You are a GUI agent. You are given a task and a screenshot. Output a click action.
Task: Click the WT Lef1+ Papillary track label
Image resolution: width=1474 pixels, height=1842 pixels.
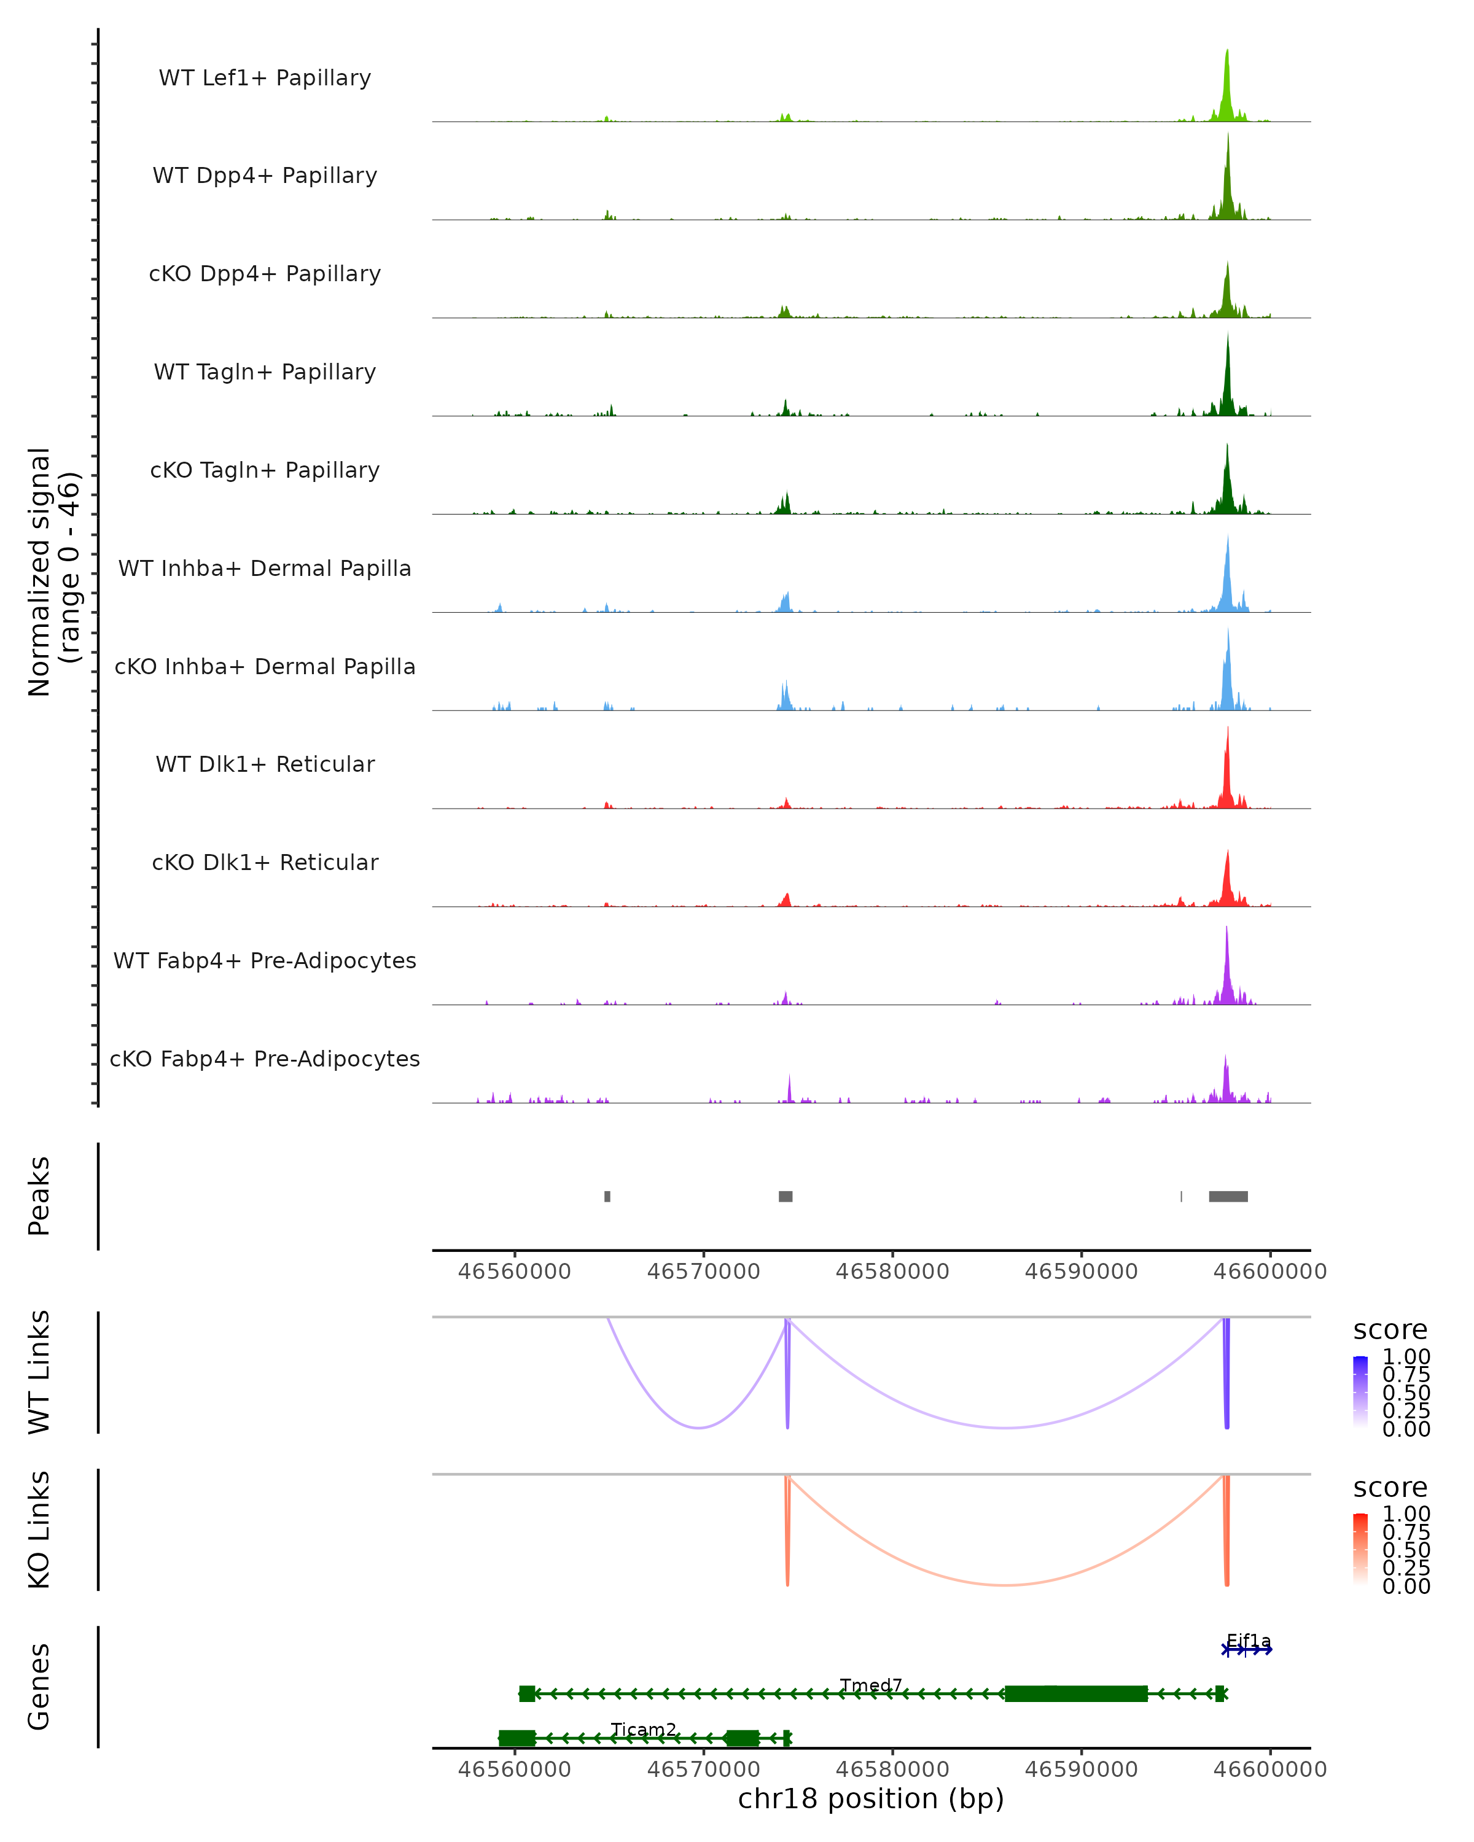pos(265,78)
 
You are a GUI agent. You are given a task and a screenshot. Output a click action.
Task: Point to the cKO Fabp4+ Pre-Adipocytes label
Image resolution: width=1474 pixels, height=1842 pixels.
pos(265,1059)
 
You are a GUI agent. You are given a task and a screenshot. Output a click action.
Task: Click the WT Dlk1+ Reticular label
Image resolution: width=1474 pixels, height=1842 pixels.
pos(265,764)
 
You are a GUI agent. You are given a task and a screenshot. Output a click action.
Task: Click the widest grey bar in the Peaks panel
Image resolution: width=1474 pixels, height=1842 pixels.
pos(1228,1196)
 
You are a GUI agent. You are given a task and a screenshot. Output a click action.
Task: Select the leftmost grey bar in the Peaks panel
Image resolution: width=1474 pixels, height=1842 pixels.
pos(607,1196)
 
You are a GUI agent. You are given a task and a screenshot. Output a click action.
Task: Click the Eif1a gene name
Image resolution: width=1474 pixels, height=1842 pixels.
pos(1249,1641)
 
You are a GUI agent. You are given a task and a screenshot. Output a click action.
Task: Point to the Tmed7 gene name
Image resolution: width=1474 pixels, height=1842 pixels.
pos(871,1685)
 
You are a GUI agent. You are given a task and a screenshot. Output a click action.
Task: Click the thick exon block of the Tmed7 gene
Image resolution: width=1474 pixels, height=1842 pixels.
pos(1076,1693)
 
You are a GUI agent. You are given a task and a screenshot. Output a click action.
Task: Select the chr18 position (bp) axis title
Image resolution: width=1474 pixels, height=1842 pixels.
pos(871,1798)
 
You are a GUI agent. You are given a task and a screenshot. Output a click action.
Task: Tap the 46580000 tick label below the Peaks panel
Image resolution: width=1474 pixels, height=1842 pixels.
pos(892,1272)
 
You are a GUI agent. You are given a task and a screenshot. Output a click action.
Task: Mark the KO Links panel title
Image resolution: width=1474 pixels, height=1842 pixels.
pos(39,1529)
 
